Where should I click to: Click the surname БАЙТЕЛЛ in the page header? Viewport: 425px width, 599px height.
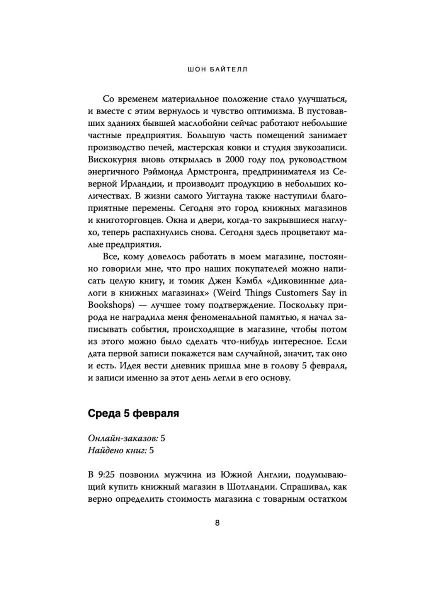click(229, 70)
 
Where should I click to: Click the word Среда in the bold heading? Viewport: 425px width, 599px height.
click(104, 413)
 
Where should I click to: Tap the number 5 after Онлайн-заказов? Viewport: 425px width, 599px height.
click(163, 438)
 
